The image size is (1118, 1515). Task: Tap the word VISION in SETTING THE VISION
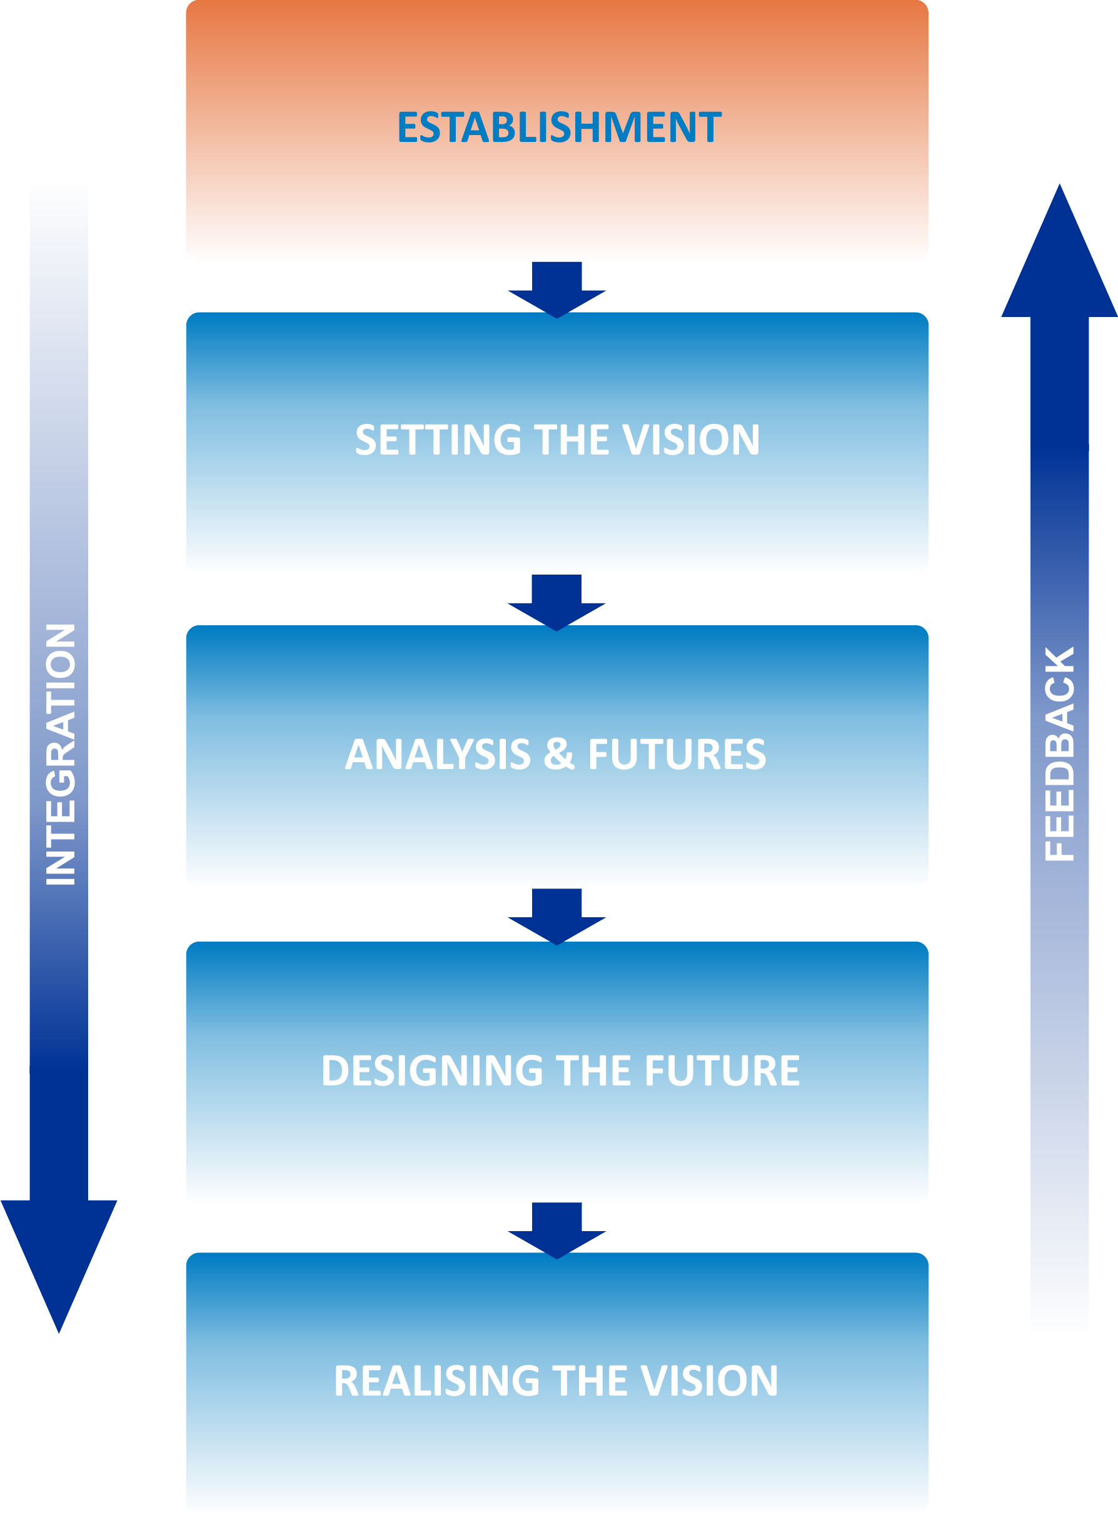(x=690, y=440)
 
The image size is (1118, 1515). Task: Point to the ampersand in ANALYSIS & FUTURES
(x=559, y=754)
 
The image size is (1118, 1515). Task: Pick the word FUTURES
(x=677, y=754)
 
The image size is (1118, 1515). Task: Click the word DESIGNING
(x=432, y=1070)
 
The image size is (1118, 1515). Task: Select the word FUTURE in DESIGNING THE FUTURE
(x=722, y=1070)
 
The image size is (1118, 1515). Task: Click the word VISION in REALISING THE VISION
(x=708, y=1381)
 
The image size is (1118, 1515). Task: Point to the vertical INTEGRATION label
(x=60, y=755)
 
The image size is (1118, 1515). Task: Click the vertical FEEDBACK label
(x=1059, y=754)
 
